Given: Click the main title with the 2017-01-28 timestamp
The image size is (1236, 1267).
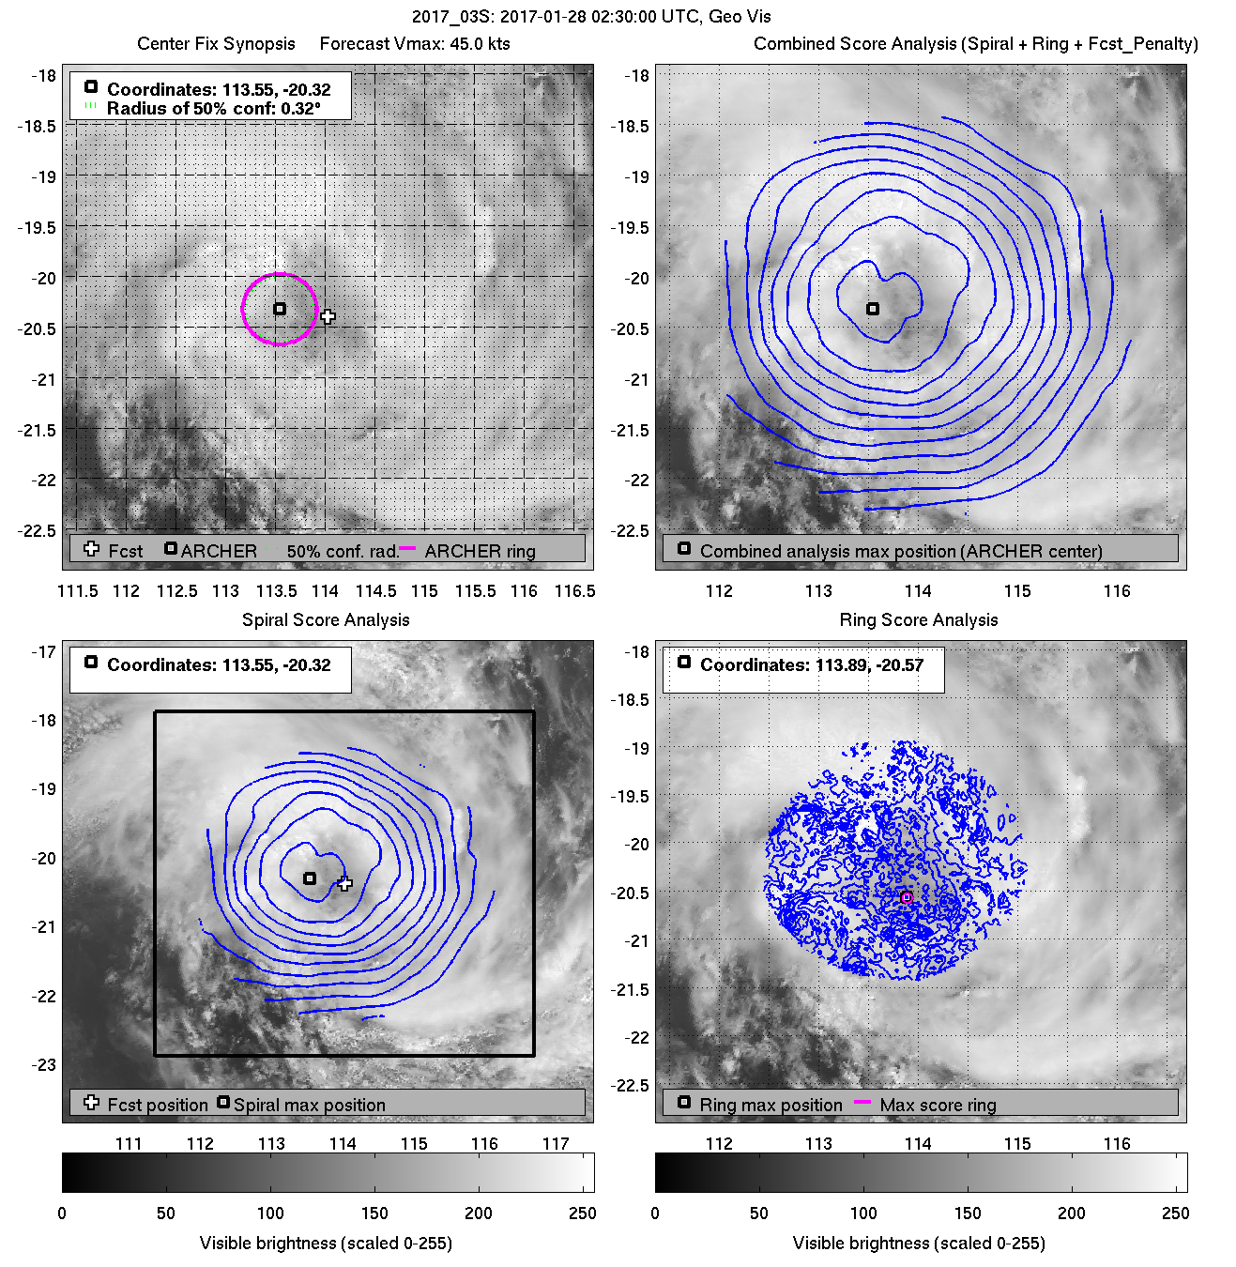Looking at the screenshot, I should (x=591, y=17).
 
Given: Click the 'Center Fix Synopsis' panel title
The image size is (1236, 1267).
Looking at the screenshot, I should (x=216, y=44).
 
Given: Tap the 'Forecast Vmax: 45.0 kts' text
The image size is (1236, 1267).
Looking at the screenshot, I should (x=415, y=44).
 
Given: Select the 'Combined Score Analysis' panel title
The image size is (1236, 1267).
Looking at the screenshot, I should (x=975, y=44).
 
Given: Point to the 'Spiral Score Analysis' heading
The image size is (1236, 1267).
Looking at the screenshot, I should (x=326, y=619).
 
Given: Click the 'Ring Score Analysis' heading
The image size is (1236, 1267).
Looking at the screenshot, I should (x=919, y=619).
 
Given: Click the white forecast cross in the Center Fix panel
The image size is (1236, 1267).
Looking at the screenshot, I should (x=328, y=316).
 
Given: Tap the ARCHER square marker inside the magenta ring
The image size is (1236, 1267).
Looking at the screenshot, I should (x=280, y=309).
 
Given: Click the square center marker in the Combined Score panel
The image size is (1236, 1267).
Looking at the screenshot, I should (x=873, y=309).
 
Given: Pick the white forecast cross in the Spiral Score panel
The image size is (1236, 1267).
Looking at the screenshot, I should (x=345, y=883).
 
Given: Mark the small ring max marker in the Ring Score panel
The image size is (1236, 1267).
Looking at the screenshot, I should (x=907, y=898).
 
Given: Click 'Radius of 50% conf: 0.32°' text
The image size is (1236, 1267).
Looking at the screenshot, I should (x=213, y=109).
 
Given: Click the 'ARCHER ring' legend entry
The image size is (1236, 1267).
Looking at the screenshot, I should (x=480, y=552).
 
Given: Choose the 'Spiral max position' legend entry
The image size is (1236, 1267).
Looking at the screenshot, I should (x=309, y=1106).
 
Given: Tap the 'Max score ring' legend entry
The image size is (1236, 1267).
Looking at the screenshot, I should (x=938, y=1106).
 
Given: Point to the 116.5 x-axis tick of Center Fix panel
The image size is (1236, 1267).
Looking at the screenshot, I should (x=575, y=591).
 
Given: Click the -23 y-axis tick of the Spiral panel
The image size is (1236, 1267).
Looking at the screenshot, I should (x=44, y=1065).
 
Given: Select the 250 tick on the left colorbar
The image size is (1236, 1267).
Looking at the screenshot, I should (x=582, y=1214).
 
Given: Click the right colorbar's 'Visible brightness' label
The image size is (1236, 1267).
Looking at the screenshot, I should (x=919, y=1244).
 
